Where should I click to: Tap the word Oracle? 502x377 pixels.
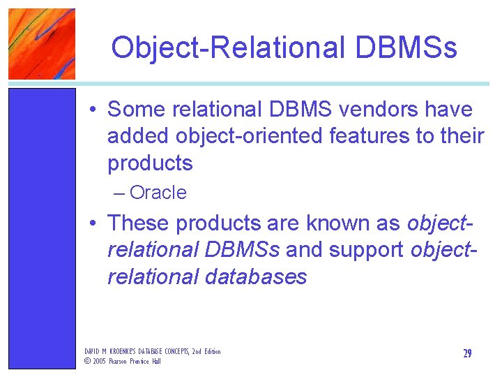(158, 193)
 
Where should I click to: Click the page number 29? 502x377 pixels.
(467, 354)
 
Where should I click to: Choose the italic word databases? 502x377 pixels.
(256, 277)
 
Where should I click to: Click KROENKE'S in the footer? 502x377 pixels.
(120, 351)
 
